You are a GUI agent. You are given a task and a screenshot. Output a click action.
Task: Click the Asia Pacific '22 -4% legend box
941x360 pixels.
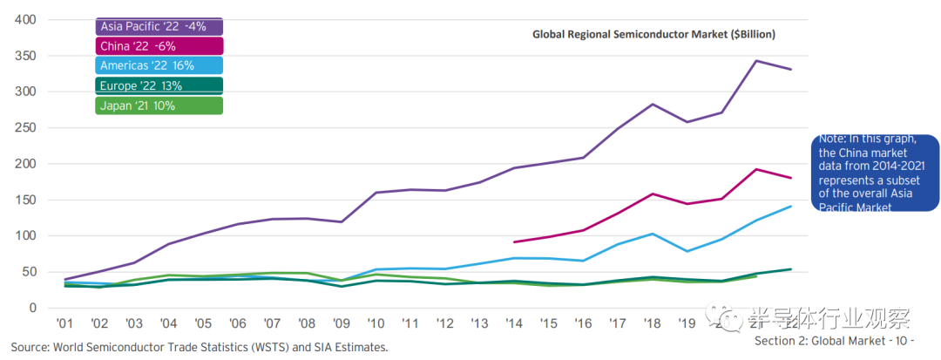click(159, 26)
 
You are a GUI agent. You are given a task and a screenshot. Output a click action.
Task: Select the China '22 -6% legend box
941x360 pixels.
click(159, 46)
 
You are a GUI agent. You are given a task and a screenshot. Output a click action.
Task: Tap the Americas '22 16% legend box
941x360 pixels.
click(159, 65)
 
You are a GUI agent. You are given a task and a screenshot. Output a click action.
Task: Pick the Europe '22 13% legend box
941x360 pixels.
click(159, 85)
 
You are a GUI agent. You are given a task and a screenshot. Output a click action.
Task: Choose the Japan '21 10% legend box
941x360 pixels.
click(159, 105)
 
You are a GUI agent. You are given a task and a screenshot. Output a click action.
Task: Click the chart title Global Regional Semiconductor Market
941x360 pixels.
click(653, 34)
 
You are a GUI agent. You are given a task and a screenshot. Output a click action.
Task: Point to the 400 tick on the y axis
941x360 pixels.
click(26, 19)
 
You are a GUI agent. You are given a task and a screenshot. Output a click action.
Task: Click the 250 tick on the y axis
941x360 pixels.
click(26, 127)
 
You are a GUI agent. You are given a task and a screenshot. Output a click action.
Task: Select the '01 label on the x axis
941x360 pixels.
click(64, 323)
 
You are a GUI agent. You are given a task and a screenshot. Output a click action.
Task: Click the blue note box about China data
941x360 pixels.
click(875, 173)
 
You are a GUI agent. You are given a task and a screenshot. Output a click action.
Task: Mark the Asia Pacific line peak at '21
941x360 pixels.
click(756, 61)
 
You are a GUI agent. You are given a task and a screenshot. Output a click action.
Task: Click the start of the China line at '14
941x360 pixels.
click(514, 242)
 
